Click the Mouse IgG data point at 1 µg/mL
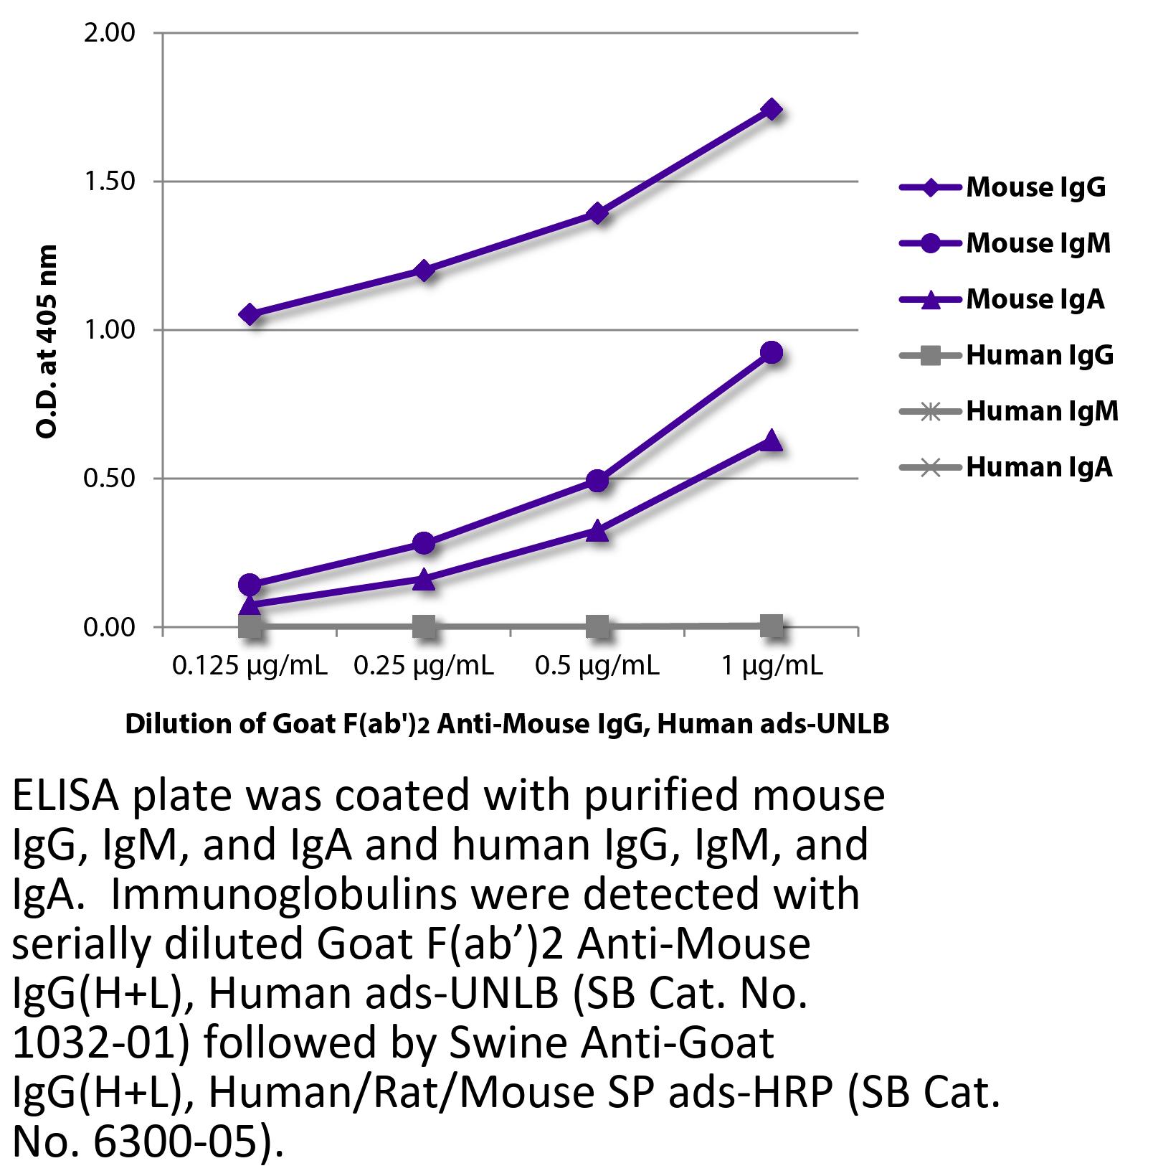[x=772, y=110]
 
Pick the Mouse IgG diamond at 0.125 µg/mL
[x=250, y=314]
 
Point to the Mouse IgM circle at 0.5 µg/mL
[x=597, y=480]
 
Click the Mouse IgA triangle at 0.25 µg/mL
[x=424, y=579]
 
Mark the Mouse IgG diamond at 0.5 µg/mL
[x=597, y=213]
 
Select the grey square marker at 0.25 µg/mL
[x=424, y=626]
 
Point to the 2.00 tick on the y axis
[x=109, y=33]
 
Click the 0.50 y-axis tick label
[x=109, y=479]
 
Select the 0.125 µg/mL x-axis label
[x=250, y=667]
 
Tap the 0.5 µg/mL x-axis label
[x=597, y=667]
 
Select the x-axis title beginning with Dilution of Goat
[x=507, y=724]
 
